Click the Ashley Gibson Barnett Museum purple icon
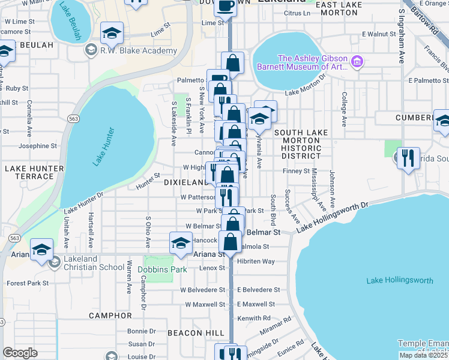point(357,61)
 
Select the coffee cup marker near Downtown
point(225,7)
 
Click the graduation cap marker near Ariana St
point(181,243)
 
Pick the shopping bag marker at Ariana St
point(231,242)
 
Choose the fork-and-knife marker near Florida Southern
point(408,158)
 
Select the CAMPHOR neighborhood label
point(110,315)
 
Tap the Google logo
point(20,353)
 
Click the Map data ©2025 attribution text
point(424,355)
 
